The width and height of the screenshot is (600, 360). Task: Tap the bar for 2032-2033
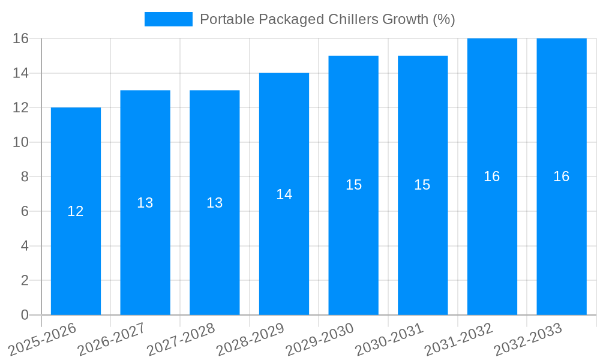pos(561,240)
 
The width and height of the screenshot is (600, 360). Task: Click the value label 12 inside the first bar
pos(76,211)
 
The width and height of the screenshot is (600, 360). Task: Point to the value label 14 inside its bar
pos(284,194)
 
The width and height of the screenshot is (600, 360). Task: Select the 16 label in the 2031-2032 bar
pos(491,176)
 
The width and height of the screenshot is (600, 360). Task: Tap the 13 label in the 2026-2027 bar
pos(145,203)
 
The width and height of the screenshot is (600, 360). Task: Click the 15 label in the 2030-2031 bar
pos(422,185)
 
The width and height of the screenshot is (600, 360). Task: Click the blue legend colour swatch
pos(169,19)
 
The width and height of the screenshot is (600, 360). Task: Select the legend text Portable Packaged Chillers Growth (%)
pos(327,19)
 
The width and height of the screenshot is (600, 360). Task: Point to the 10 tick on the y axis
pos(21,142)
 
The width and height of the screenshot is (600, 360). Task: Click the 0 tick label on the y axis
pos(25,315)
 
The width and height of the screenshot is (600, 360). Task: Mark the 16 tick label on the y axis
pos(21,38)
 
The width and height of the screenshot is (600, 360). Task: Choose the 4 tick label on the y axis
pos(25,246)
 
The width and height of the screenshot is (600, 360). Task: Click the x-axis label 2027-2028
pos(181,339)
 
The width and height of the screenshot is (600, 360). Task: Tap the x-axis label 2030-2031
pos(389,339)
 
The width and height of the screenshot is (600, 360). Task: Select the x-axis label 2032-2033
pos(528,339)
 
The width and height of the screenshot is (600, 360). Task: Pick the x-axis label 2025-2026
pos(42,339)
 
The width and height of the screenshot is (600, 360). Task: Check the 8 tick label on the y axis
pos(25,177)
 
